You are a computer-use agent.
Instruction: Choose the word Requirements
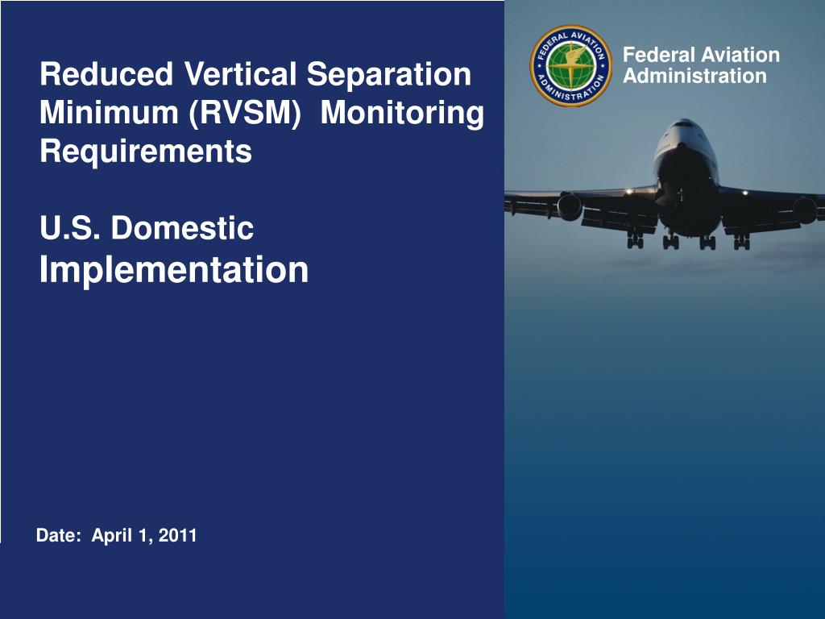[146, 152]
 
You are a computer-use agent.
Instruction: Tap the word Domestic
[183, 229]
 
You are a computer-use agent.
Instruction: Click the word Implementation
[174, 270]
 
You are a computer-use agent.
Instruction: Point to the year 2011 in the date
[178, 535]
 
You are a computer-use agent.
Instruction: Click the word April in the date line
[111, 535]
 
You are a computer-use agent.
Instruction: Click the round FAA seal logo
[570, 65]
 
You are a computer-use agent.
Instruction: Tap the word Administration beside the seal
[695, 77]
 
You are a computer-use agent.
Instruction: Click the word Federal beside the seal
[660, 56]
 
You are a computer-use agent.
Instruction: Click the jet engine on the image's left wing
[570, 207]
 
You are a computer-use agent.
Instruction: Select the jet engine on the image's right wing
[804, 210]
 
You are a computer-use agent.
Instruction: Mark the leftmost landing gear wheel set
[635, 240]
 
